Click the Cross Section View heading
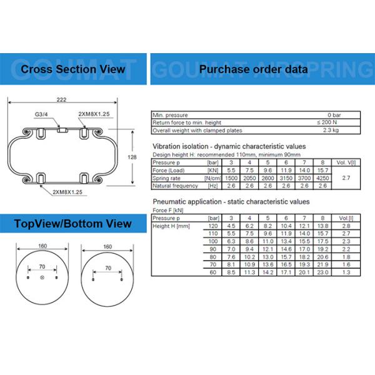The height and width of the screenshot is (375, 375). tap(73, 69)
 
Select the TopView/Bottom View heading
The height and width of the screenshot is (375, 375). tap(73, 224)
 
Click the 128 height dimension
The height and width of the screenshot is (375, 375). tap(132, 157)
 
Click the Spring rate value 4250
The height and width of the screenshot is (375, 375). tap(322, 177)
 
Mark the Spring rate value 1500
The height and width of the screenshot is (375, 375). tap(231, 177)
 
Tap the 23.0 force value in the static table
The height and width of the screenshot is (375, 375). tap(322, 273)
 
